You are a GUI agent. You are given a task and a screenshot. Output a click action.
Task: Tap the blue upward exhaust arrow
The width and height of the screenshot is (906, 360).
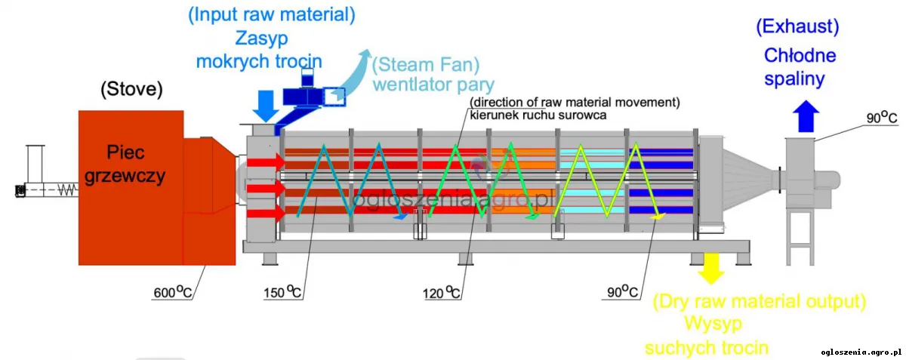pos(807,118)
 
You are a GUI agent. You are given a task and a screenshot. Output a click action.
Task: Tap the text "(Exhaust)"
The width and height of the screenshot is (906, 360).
pos(797,28)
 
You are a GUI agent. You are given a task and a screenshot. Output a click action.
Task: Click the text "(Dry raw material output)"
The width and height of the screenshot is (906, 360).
pos(758,302)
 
